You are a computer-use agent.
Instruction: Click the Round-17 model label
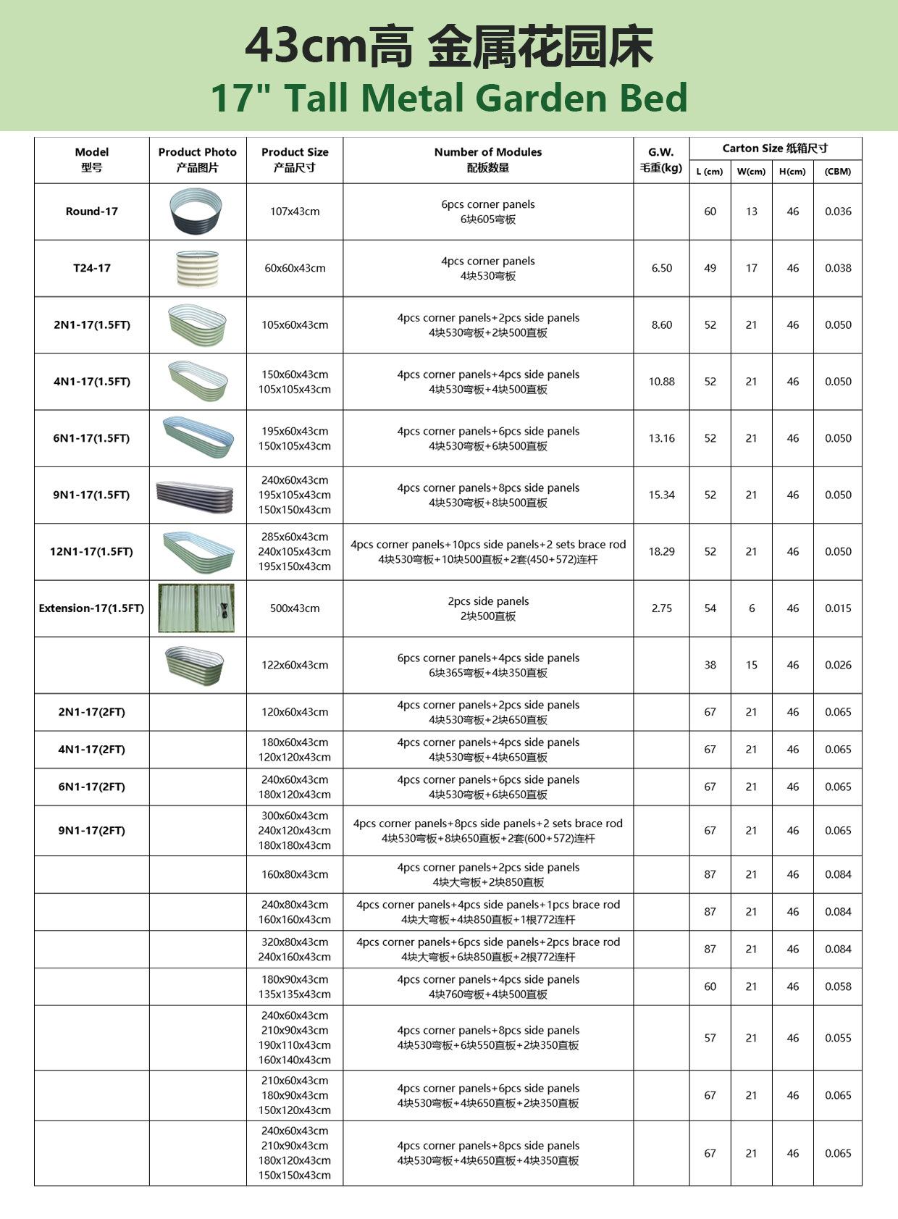[x=91, y=211]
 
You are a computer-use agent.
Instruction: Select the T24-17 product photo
[x=197, y=269]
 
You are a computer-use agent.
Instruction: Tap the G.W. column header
[x=661, y=159]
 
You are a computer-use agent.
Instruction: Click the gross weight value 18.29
[x=661, y=552]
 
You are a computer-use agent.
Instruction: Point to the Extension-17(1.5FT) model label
[x=91, y=608]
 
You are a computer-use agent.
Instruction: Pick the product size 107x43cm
[x=295, y=211]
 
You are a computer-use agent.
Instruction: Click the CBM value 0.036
[x=838, y=211]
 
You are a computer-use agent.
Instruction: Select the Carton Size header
[x=775, y=148]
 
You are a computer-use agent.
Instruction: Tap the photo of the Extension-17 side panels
[x=197, y=608]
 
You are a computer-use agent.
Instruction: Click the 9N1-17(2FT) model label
[x=91, y=831]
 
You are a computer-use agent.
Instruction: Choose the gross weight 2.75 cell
[x=661, y=608]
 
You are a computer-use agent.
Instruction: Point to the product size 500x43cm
[x=295, y=608]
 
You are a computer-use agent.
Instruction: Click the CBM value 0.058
[x=838, y=986]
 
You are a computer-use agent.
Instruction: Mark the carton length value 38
[x=710, y=665]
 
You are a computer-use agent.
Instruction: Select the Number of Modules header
[x=488, y=159]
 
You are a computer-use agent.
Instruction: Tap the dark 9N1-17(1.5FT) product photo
[x=196, y=495]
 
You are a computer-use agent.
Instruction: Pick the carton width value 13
[x=751, y=211]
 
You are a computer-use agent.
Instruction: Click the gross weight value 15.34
[x=661, y=495]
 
